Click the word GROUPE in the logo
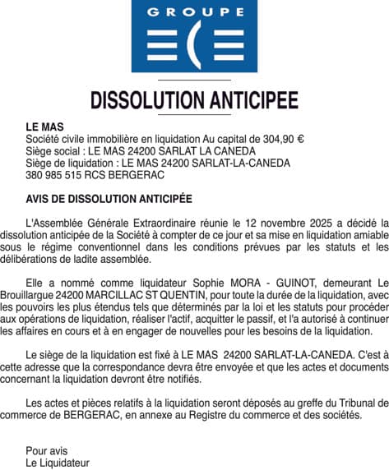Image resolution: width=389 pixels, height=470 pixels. (x=193, y=12)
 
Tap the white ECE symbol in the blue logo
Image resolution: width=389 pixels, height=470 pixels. (x=193, y=46)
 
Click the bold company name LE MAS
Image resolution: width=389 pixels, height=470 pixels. (x=44, y=128)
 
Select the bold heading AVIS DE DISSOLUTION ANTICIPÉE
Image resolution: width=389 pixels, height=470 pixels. (x=109, y=199)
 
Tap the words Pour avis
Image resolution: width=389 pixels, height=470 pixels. (x=47, y=450)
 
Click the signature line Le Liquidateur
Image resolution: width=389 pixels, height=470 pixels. (x=58, y=463)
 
